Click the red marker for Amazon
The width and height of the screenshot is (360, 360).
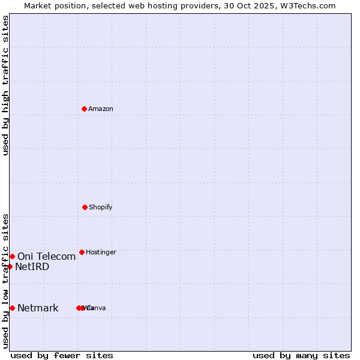tap(84, 109)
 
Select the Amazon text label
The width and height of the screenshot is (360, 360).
tap(101, 109)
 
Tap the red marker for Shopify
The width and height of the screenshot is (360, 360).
tap(85, 207)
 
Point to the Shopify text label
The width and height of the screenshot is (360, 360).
tap(101, 207)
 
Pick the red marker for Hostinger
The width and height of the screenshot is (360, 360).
tap(82, 252)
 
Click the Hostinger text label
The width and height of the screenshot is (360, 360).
tap(101, 252)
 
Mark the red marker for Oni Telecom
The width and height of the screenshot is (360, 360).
tap(12, 256)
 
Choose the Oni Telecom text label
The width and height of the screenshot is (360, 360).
tap(47, 257)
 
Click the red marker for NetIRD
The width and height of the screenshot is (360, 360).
tap(10, 266)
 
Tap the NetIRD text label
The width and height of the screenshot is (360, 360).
tap(32, 267)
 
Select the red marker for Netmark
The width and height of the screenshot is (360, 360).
tap(12, 308)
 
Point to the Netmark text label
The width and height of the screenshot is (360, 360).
tap(38, 308)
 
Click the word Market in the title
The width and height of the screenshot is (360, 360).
tap(38, 5)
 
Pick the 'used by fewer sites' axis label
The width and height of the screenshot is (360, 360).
tap(62, 355)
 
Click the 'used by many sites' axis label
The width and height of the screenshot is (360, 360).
tap(301, 355)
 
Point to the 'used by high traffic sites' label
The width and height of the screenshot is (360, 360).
tap(5, 85)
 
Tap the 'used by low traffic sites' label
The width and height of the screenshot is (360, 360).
tap(5, 281)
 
